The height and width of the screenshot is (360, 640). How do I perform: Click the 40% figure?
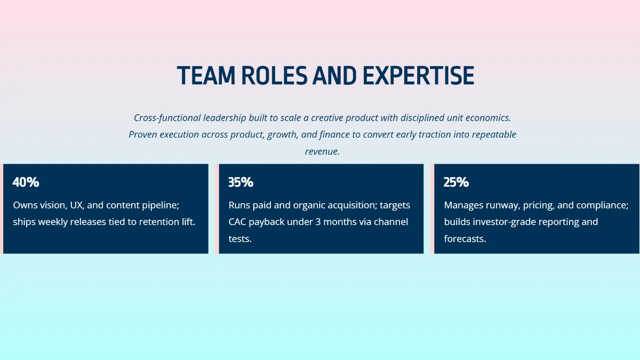point(26,182)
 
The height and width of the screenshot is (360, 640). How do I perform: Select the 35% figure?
point(241,182)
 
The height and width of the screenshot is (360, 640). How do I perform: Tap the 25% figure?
point(456,182)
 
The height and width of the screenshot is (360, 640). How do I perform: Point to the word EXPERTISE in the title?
point(418,76)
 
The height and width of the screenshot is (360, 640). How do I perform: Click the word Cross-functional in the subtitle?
point(167,117)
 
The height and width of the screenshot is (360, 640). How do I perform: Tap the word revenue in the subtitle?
point(322,151)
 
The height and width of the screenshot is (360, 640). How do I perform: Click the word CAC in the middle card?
point(238,222)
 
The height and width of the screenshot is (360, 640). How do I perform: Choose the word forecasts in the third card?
point(465,239)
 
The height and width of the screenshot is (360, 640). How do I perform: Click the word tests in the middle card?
point(239,239)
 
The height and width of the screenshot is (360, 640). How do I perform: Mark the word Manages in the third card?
point(463,205)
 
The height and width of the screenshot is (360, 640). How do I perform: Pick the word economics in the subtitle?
point(487,117)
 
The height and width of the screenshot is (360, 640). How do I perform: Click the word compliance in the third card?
point(604,205)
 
